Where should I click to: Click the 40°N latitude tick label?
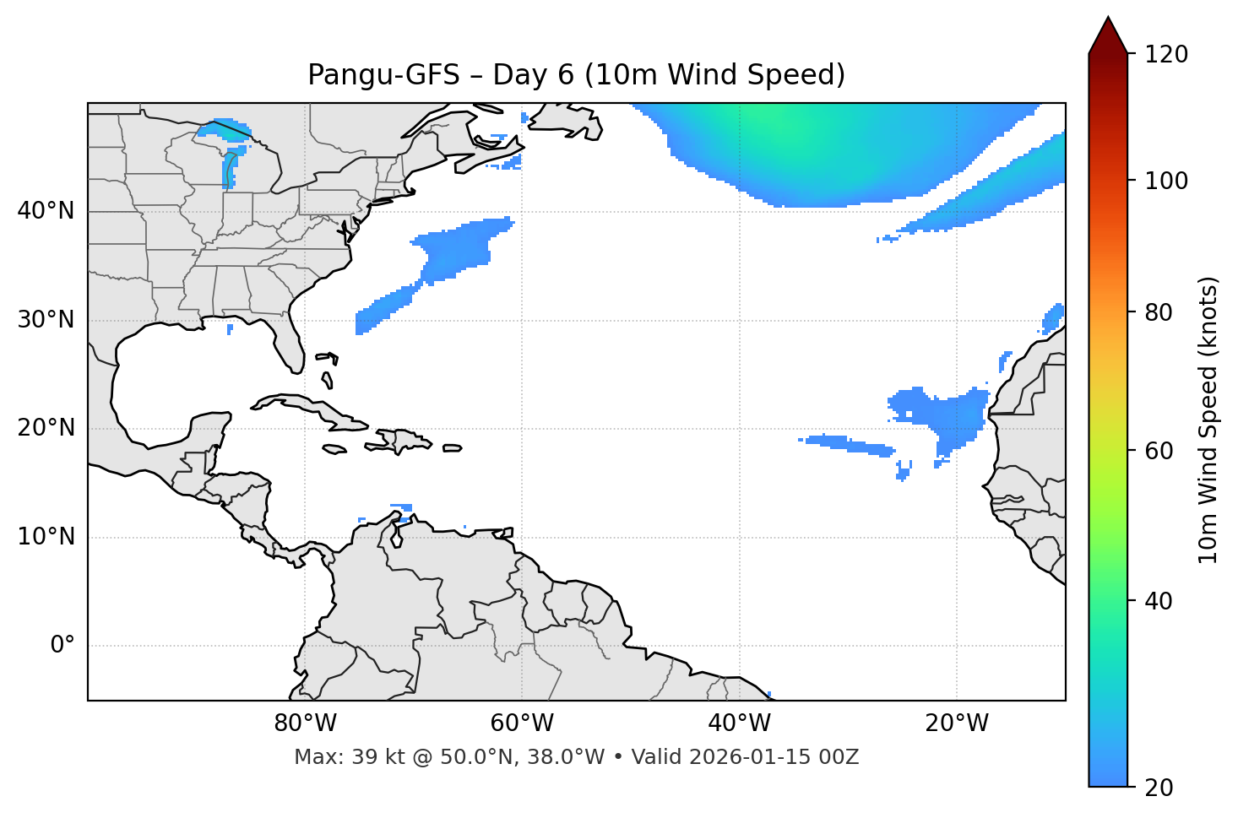[46, 211]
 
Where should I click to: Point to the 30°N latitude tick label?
[46, 320]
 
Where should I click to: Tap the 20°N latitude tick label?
[46, 428]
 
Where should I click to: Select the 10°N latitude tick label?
[46, 537]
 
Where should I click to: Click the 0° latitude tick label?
[62, 646]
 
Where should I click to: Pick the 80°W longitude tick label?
[305, 723]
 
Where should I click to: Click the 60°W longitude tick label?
[522, 723]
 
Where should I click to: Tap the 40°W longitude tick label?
[739, 723]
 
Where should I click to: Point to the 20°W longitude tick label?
[956, 723]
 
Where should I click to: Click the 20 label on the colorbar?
[1159, 788]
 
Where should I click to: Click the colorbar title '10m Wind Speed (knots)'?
[1208, 420]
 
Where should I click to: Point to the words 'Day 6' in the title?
[532, 75]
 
